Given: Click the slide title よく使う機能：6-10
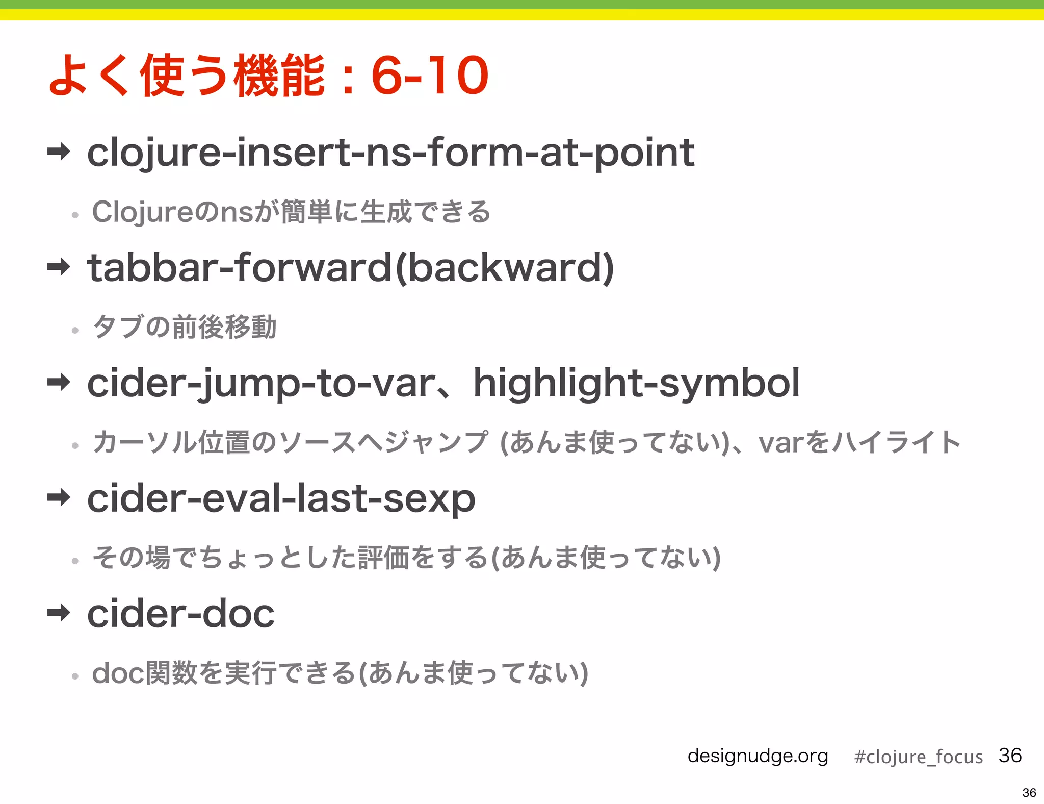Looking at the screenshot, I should (x=269, y=76).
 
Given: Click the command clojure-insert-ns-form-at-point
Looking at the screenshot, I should (x=390, y=153).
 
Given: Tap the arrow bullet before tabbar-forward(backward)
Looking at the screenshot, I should (x=59, y=266).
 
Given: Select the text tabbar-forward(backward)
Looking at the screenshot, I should (x=351, y=268).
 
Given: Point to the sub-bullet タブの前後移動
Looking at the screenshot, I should (x=185, y=327).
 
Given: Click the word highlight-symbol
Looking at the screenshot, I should (x=636, y=384).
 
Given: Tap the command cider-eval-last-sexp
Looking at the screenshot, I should (x=281, y=498).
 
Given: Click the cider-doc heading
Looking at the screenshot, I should (x=180, y=614).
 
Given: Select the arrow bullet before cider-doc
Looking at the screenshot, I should (x=59, y=612).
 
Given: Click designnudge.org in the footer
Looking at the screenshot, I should (x=758, y=756).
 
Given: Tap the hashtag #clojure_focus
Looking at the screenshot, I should (x=918, y=757).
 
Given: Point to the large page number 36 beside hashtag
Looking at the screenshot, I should (x=1010, y=755).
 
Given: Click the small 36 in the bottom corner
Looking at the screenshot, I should (x=1029, y=793).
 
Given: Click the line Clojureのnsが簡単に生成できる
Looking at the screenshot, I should (x=291, y=212).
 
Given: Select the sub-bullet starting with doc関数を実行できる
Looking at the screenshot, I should (x=340, y=673).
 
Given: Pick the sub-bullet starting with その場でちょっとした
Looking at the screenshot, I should (x=406, y=558).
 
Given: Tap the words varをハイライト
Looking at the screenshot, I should (x=859, y=442).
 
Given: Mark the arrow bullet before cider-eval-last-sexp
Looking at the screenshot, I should (x=59, y=497).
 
